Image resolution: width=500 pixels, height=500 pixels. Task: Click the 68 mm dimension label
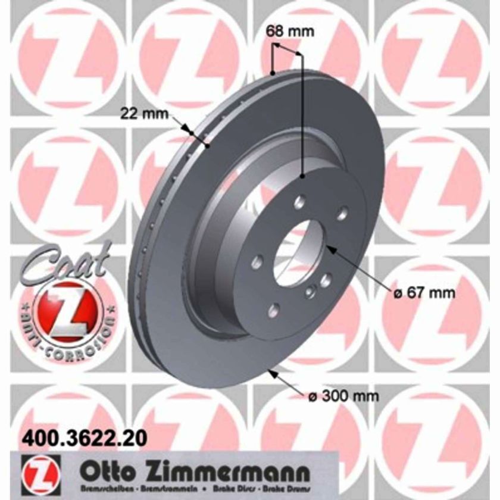(289, 32)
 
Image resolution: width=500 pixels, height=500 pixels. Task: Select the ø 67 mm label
(424, 292)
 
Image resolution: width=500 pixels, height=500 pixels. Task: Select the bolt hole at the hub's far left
(256, 261)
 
